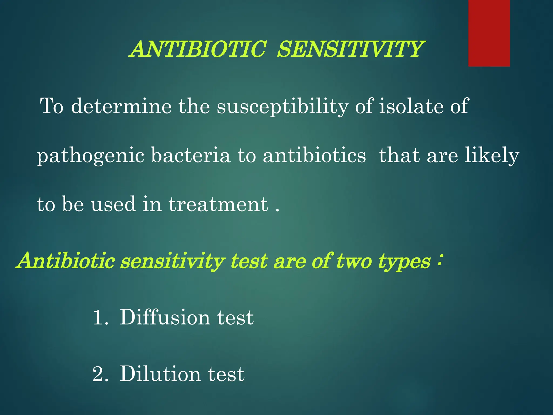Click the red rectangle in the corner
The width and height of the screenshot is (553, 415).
[x=489, y=33]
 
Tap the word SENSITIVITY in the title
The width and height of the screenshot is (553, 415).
[x=350, y=49]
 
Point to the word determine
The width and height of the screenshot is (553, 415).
[x=121, y=106]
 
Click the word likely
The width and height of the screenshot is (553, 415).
[x=492, y=156]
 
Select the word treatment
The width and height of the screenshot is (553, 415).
[x=218, y=204]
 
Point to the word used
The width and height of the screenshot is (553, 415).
[x=113, y=204]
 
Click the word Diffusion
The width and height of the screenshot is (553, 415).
[x=164, y=317]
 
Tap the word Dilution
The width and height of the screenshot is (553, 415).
[x=160, y=374]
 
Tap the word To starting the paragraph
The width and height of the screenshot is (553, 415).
[x=52, y=106]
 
